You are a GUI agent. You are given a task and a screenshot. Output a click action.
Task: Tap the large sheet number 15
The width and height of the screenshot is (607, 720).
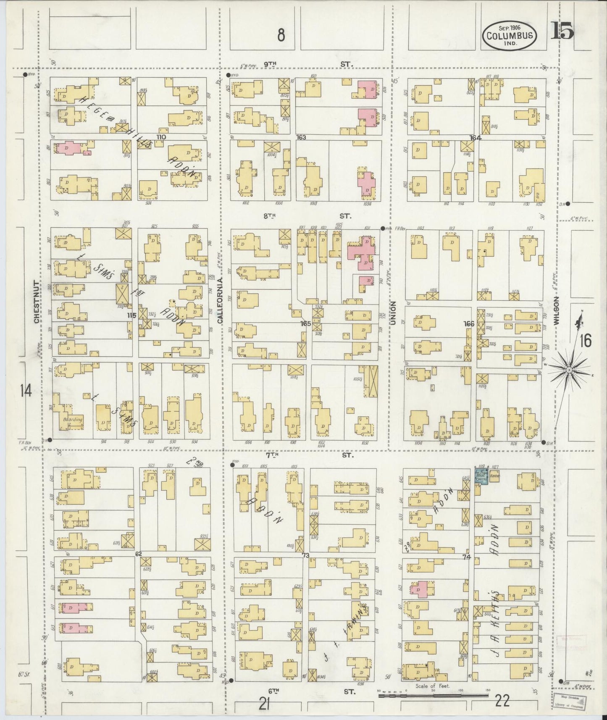(562, 30)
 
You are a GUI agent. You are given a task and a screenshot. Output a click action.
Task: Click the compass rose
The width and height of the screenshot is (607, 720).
(569, 370)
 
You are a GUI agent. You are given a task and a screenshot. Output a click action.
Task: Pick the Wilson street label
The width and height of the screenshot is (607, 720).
(557, 310)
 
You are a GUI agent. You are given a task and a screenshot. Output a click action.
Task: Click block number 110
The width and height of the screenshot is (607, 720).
(161, 137)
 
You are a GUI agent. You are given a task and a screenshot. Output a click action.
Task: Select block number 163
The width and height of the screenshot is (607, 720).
(301, 137)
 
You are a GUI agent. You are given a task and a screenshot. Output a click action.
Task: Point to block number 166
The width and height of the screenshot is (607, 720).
(468, 324)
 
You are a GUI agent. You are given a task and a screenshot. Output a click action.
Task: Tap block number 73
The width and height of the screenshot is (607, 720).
(306, 555)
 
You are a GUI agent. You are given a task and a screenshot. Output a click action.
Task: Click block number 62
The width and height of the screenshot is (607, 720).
(138, 554)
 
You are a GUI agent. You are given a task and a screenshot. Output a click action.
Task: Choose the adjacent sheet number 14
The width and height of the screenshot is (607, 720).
(26, 392)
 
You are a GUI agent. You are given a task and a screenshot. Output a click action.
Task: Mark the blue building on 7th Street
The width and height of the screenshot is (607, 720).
(481, 476)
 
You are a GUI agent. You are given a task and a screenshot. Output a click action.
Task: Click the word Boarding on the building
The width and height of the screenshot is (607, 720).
(72, 419)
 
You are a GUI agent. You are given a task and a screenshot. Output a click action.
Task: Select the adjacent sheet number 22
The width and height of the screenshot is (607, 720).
(502, 701)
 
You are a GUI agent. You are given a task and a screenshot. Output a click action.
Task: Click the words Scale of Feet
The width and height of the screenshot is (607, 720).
(433, 686)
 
